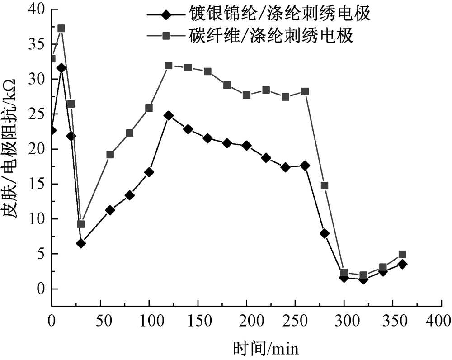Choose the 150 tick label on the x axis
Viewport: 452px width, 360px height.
(198, 321)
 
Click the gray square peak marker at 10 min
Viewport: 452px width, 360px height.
(61, 28)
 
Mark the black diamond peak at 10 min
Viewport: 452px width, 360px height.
(61, 68)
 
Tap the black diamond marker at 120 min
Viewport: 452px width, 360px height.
(169, 116)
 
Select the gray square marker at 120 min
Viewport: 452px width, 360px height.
(169, 66)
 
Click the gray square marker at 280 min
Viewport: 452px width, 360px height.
(324, 185)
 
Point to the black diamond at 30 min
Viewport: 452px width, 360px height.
(81, 243)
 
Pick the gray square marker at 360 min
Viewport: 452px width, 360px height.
(402, 254)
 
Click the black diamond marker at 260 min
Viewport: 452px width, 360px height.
(305, 166)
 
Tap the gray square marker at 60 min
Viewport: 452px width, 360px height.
(110, 155)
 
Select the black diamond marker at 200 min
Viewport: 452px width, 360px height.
(246, 146)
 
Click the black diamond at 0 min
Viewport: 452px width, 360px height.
(52, 130)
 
